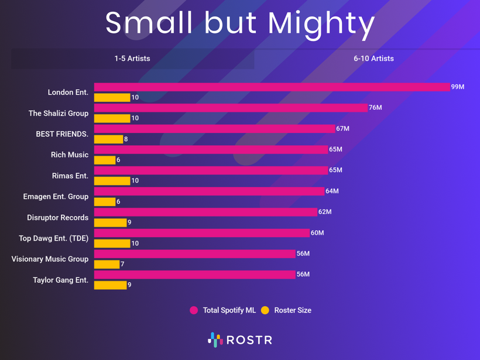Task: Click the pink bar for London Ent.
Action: tap(272, 87)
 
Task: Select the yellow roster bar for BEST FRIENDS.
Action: tap(108, 139)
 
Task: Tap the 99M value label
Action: tap(458, 87)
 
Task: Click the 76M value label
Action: tap(375, 108)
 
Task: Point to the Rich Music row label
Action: tap(70, 155)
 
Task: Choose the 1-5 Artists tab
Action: tap(132, 59)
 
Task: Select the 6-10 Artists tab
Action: tap(373, 59)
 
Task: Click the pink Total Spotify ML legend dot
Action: tap(194, 310)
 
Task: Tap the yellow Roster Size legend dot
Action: tap(265, 310)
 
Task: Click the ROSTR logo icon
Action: tap(215, 340)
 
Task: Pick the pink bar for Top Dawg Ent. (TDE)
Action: tap(201, 233)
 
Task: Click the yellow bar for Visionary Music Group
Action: tap(107, 265)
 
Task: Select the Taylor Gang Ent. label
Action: tap(60, 280)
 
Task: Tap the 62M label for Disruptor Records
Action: tap(325, 212)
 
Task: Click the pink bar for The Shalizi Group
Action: tap(231, 108)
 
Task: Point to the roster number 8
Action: tap(126, 139)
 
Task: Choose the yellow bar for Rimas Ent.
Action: tap(112, 181)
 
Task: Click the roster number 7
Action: tap(123, 265)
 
